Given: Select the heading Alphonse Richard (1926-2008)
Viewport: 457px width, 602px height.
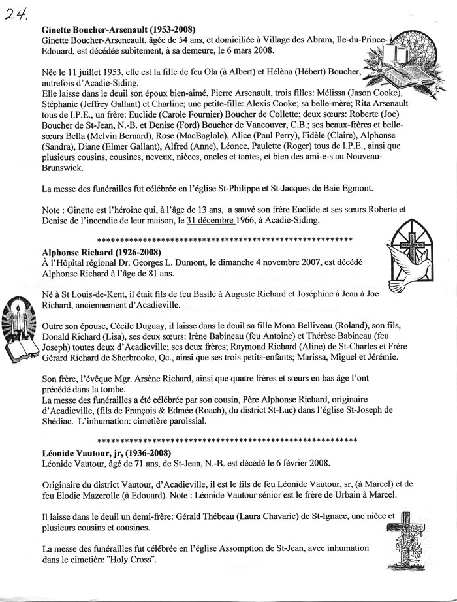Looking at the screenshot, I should [101, 251].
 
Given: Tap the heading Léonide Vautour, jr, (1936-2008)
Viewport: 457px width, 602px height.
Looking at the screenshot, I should [107, 452].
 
